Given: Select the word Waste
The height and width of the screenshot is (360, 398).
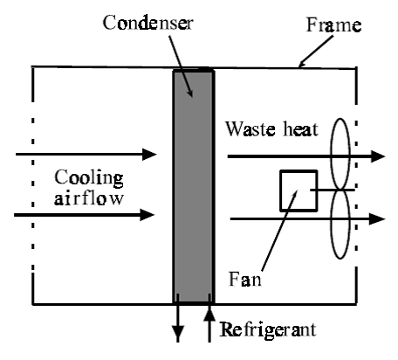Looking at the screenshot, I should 255,129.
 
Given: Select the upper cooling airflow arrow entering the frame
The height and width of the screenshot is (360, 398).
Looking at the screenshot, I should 87,155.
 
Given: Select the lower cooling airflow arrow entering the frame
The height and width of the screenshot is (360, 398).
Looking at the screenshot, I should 87,213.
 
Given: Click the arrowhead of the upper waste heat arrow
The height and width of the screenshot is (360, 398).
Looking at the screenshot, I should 376,156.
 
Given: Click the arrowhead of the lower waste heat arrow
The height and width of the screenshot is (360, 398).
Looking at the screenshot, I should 376,218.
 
